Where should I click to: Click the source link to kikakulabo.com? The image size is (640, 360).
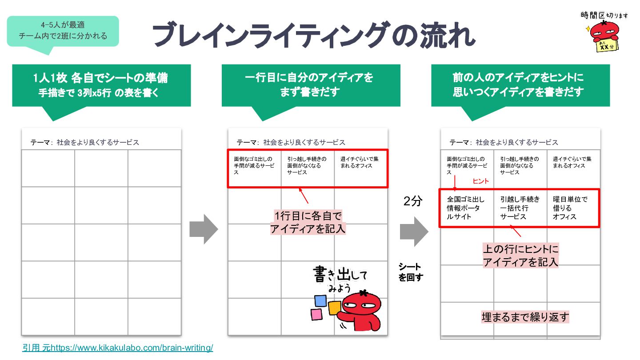tap(117, 348)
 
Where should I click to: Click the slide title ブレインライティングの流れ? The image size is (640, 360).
tap(314, 35)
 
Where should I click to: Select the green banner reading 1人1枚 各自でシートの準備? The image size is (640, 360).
tap(101, 85)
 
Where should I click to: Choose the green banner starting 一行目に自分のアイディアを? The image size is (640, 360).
tap(311, 85)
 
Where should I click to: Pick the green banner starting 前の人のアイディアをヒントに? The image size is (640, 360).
tap(520, 85)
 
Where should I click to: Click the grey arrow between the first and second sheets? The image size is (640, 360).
tap(204, 229)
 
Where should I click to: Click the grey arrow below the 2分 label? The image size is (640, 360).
tap(414, 232)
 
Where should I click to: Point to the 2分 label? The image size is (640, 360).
tap(413, 201)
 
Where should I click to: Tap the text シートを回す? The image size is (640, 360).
tap(411, 272)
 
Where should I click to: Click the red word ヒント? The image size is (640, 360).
tap(480, 181)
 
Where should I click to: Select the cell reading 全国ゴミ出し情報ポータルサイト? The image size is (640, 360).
tap(466, 208)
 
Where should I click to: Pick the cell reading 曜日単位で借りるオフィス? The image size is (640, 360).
tap(572, 208)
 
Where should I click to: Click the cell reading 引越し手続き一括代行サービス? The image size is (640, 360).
tap(520, 208)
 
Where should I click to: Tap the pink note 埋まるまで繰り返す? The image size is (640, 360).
tap(525, 317)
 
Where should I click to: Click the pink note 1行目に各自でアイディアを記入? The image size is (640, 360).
tap(308, 222)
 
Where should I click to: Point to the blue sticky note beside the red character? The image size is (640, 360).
tap(320, 300)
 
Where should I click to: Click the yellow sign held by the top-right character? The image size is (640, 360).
tap(607, 46)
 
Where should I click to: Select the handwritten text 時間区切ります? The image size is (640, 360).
tap(604, 16)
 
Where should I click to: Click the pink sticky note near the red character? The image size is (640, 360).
tap(316, 314)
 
